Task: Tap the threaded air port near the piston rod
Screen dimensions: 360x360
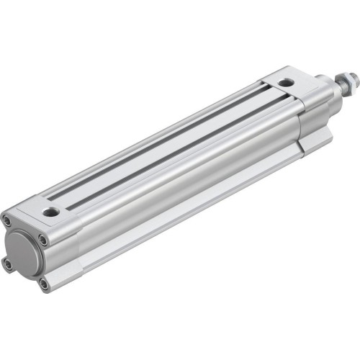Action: [286, 83]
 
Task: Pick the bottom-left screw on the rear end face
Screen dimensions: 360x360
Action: [8, 264]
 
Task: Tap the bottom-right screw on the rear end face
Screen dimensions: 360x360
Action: [44, 284]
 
